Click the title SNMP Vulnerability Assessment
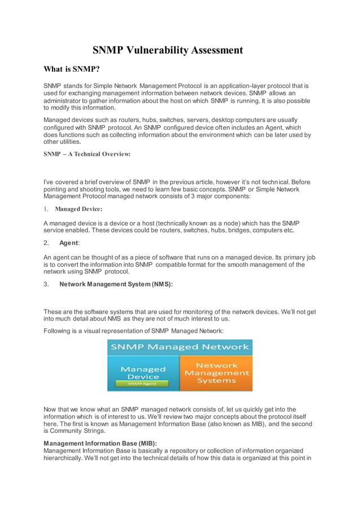point(168,51)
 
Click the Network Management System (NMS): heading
point(116,285)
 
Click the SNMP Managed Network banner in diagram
point(179,347)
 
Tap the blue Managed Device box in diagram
point(143,372)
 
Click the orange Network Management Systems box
point(216,373)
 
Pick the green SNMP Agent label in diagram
point(143,384)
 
